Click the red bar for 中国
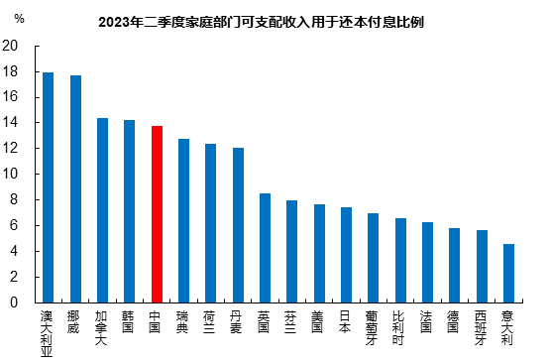click(157, 214)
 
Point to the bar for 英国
click(265, 248)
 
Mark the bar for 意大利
click(508, 273)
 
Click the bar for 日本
click(346, 255)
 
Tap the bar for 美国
click(319, 253)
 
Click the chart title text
click(274, 21)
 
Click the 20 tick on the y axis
click(11, 46)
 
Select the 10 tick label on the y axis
click(11, 174)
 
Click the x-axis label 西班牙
click(481, 326)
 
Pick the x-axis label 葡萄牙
click(373, 326)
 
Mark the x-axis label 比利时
click(400, 326)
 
